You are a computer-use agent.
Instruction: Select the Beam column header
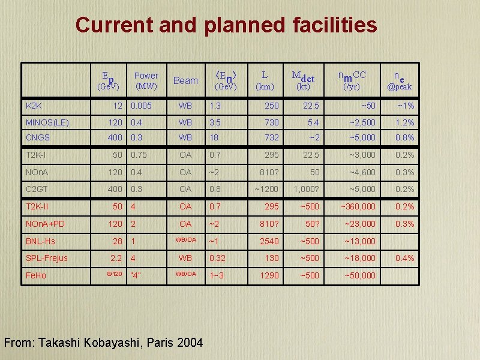tap(185, 80)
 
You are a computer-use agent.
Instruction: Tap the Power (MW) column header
tap(146, 80)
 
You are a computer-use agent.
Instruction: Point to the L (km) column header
tap(265, 80)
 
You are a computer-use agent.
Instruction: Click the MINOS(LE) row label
tap(47, 122)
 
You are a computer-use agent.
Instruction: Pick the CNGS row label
tap(38, 138)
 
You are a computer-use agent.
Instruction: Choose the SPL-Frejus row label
tap(47, 258)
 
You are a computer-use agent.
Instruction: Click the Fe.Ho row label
tap(36, 275)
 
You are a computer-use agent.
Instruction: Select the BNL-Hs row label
tap(40, 241)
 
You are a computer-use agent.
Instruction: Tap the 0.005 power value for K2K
tap(142, 106)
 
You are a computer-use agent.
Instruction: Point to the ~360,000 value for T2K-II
tap(358, 207)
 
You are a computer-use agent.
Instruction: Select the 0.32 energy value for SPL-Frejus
tap(218, 258)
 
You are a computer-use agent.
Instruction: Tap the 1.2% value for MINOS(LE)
tap(404, 122)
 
